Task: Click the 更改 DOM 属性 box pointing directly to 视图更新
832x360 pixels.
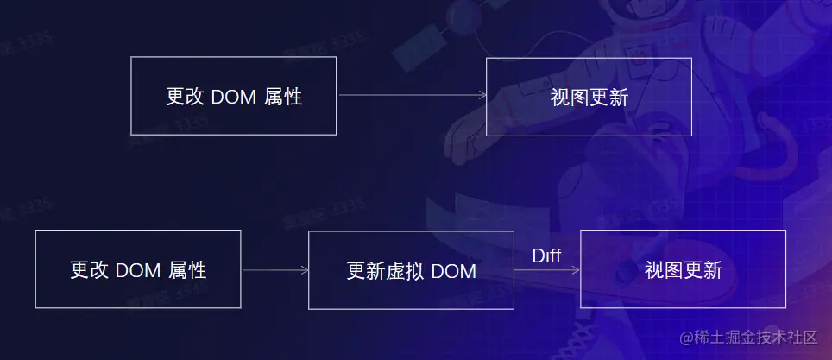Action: coord(233,96)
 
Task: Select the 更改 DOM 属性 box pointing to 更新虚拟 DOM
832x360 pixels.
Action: coord(137,269)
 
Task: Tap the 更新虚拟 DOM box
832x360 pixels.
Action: coord(411,270)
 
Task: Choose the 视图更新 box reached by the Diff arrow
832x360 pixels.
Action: coord(683,269)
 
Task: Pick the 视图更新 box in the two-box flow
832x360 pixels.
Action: coord(589,97)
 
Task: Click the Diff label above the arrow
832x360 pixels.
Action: coord(546,256)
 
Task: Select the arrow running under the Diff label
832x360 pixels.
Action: coord(546,270)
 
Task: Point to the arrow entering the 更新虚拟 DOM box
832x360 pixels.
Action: coord(274,270)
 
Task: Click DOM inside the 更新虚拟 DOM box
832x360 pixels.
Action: coord(454,271)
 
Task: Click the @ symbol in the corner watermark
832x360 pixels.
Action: coord(687,338)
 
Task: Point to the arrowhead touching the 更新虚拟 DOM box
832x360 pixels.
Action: coord(305,270)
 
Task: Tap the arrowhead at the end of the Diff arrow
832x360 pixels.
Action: coord(576,270)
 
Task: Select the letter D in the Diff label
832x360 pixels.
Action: coord(536,256)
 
